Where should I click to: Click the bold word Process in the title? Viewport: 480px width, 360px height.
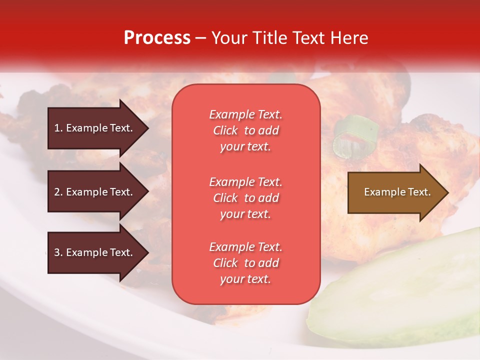pos(157,38)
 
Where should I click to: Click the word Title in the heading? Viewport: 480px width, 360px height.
pos(269,38)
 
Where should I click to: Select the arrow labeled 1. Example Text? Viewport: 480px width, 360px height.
pos(95,128)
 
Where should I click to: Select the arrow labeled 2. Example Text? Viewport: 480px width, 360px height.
pos(95,192)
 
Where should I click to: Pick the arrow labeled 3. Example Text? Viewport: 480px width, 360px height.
pos(95,252)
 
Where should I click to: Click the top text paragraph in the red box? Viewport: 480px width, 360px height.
pos(245,130)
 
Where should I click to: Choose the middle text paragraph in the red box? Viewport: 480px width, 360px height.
pos(245,198)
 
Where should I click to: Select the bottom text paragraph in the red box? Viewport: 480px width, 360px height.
pos(245,263)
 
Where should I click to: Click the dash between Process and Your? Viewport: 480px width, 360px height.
pos(200,38)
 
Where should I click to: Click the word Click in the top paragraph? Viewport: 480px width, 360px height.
pos(225,130)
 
